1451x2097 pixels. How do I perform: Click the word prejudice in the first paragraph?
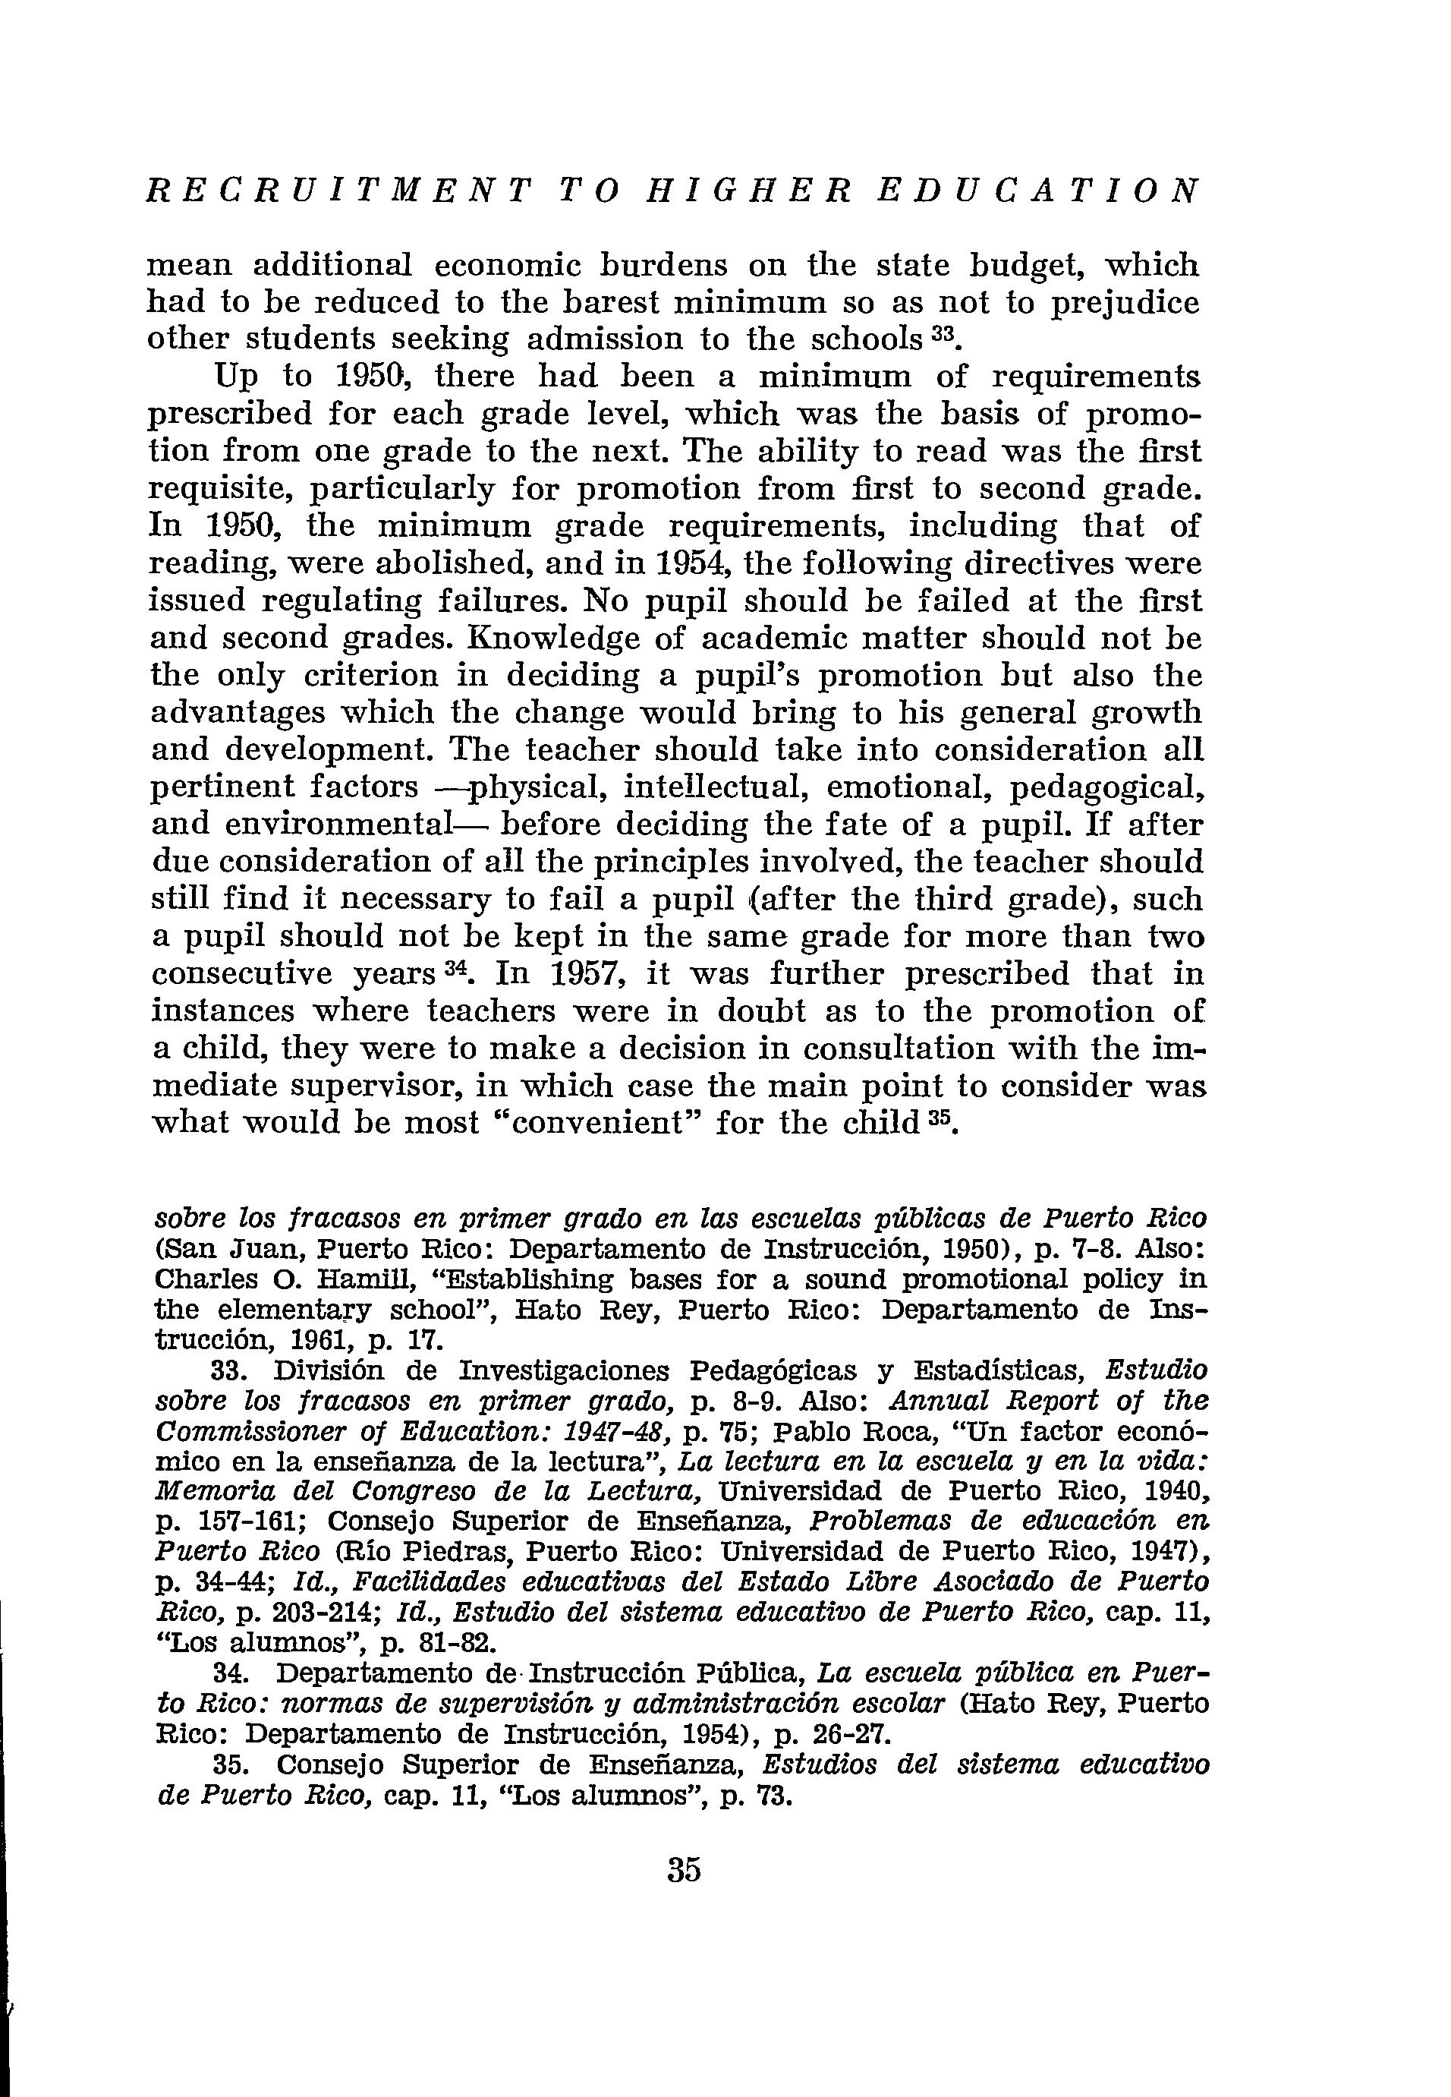click(x=1125, y=302)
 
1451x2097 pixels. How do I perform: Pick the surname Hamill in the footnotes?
click(x=360, y=1279)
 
